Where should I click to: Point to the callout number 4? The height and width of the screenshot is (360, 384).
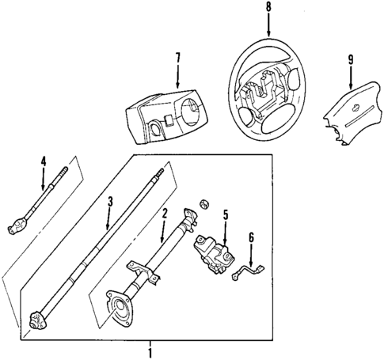tap(44, 162)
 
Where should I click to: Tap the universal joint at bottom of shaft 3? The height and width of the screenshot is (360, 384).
tap(36, 321)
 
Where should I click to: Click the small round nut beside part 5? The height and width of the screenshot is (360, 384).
tap(203, 205)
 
